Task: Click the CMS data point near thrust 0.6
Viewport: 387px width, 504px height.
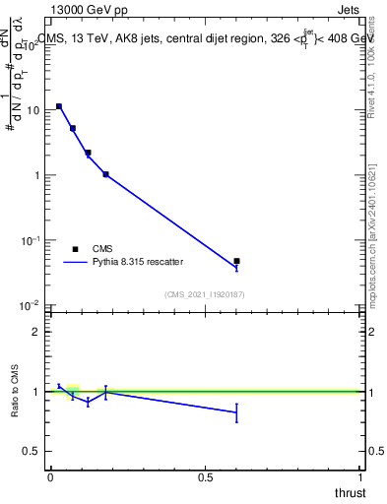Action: (x=236, y=261)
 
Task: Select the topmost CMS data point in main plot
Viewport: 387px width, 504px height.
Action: (x=59, y=106)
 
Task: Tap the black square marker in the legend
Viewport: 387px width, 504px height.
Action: (x=75, y=249)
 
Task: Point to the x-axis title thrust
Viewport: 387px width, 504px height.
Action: (x=350, y=492)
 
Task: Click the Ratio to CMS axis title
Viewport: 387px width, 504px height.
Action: (x=15, y=391)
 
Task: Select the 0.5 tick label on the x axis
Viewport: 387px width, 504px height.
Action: (x=206, y=476)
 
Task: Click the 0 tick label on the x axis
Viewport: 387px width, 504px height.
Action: (x=50, y=476)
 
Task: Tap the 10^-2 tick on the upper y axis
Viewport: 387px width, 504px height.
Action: (x=29, y=305)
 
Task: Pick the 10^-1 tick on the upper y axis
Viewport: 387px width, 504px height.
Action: (x=29, y=240)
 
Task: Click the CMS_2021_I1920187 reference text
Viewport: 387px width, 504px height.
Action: (x=205, y=294)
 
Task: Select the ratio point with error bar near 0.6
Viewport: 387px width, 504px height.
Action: (x=236, y=412)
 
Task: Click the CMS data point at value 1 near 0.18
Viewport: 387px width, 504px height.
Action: (x=105, y=174)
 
